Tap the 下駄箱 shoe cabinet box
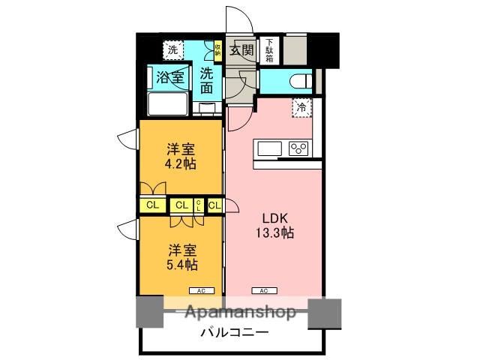(267, 49)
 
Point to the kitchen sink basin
(268, 148)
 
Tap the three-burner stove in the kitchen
(299, 148)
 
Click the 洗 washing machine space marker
(173, 50)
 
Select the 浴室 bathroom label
(170, 76)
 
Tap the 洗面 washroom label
(207, 81)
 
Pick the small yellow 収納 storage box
(217, 49)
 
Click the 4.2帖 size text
(181, 163)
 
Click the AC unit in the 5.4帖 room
(201, 290)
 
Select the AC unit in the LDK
(264, 290)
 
